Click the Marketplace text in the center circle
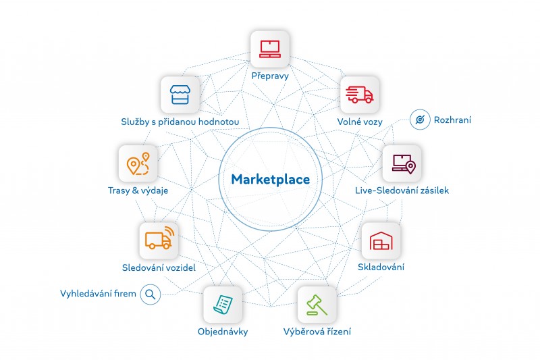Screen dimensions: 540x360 271,180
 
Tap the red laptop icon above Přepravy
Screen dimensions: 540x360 270,49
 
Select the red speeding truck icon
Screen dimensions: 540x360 360,95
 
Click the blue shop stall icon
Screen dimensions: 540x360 180,95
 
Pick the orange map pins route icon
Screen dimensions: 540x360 138,163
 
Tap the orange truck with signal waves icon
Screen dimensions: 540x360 159,238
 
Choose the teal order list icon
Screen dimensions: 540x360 223,305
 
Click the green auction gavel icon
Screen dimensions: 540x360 317,305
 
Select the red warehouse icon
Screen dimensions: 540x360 381,240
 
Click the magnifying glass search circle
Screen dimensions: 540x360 151,294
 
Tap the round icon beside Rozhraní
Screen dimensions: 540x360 420,120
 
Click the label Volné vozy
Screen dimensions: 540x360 360,122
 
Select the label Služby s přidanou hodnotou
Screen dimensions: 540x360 180,122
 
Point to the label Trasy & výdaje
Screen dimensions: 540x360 138,190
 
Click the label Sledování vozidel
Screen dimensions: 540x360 159,267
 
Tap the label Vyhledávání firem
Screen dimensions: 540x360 98,294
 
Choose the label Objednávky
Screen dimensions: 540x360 223,332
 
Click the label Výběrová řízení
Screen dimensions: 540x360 317,332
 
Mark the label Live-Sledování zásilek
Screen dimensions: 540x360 402,190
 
